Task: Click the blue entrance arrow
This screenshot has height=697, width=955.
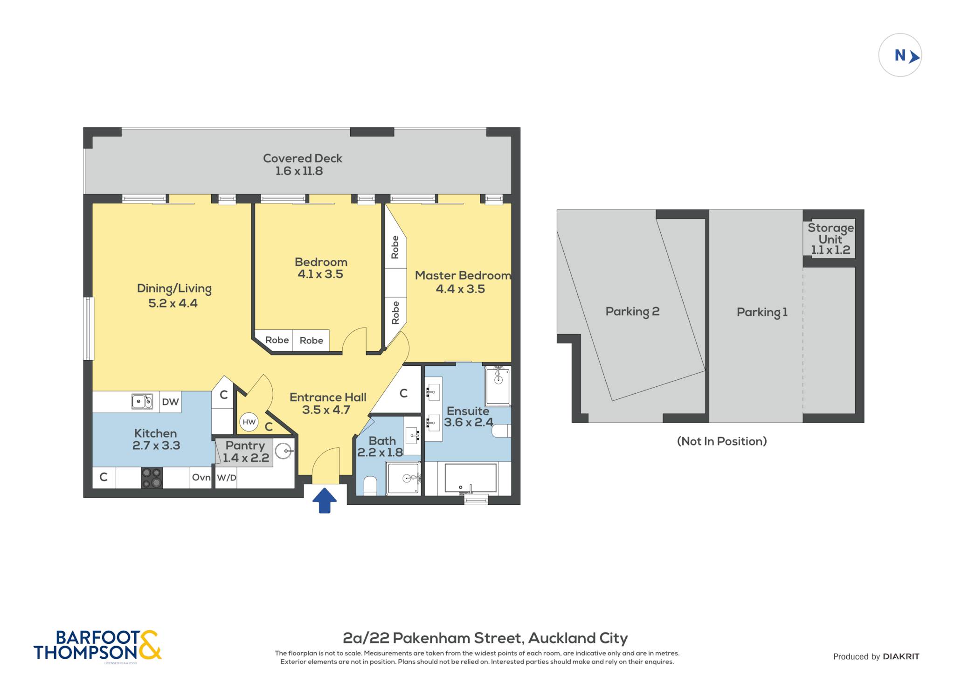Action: (325, 500)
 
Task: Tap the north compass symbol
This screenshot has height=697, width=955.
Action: (900, 55)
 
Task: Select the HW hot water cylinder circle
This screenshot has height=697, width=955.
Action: (249, 422)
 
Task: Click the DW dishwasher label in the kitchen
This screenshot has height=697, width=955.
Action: (170, 402)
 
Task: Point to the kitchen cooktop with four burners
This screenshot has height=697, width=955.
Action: (152, 478)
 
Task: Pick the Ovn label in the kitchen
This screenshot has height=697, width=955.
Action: (201, 477)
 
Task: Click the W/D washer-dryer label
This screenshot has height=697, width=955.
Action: (227, 478)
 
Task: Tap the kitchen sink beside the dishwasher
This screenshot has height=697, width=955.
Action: (142, 401)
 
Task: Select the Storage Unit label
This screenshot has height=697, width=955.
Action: (830, 239)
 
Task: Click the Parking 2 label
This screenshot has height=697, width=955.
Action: (632, 312)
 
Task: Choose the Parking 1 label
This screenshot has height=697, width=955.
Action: (762, 312)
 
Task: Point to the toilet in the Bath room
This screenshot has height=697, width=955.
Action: (370, 486)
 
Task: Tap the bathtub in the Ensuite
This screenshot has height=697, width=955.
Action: (471, 478)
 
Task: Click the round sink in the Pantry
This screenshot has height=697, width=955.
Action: (283, 451)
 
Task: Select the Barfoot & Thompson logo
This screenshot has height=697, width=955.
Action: (97, 646)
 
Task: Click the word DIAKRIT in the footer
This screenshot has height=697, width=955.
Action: (901, 656)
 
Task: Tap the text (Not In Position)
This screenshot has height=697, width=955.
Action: (722, 441)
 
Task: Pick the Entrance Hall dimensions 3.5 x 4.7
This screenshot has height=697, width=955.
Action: (326, 410)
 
